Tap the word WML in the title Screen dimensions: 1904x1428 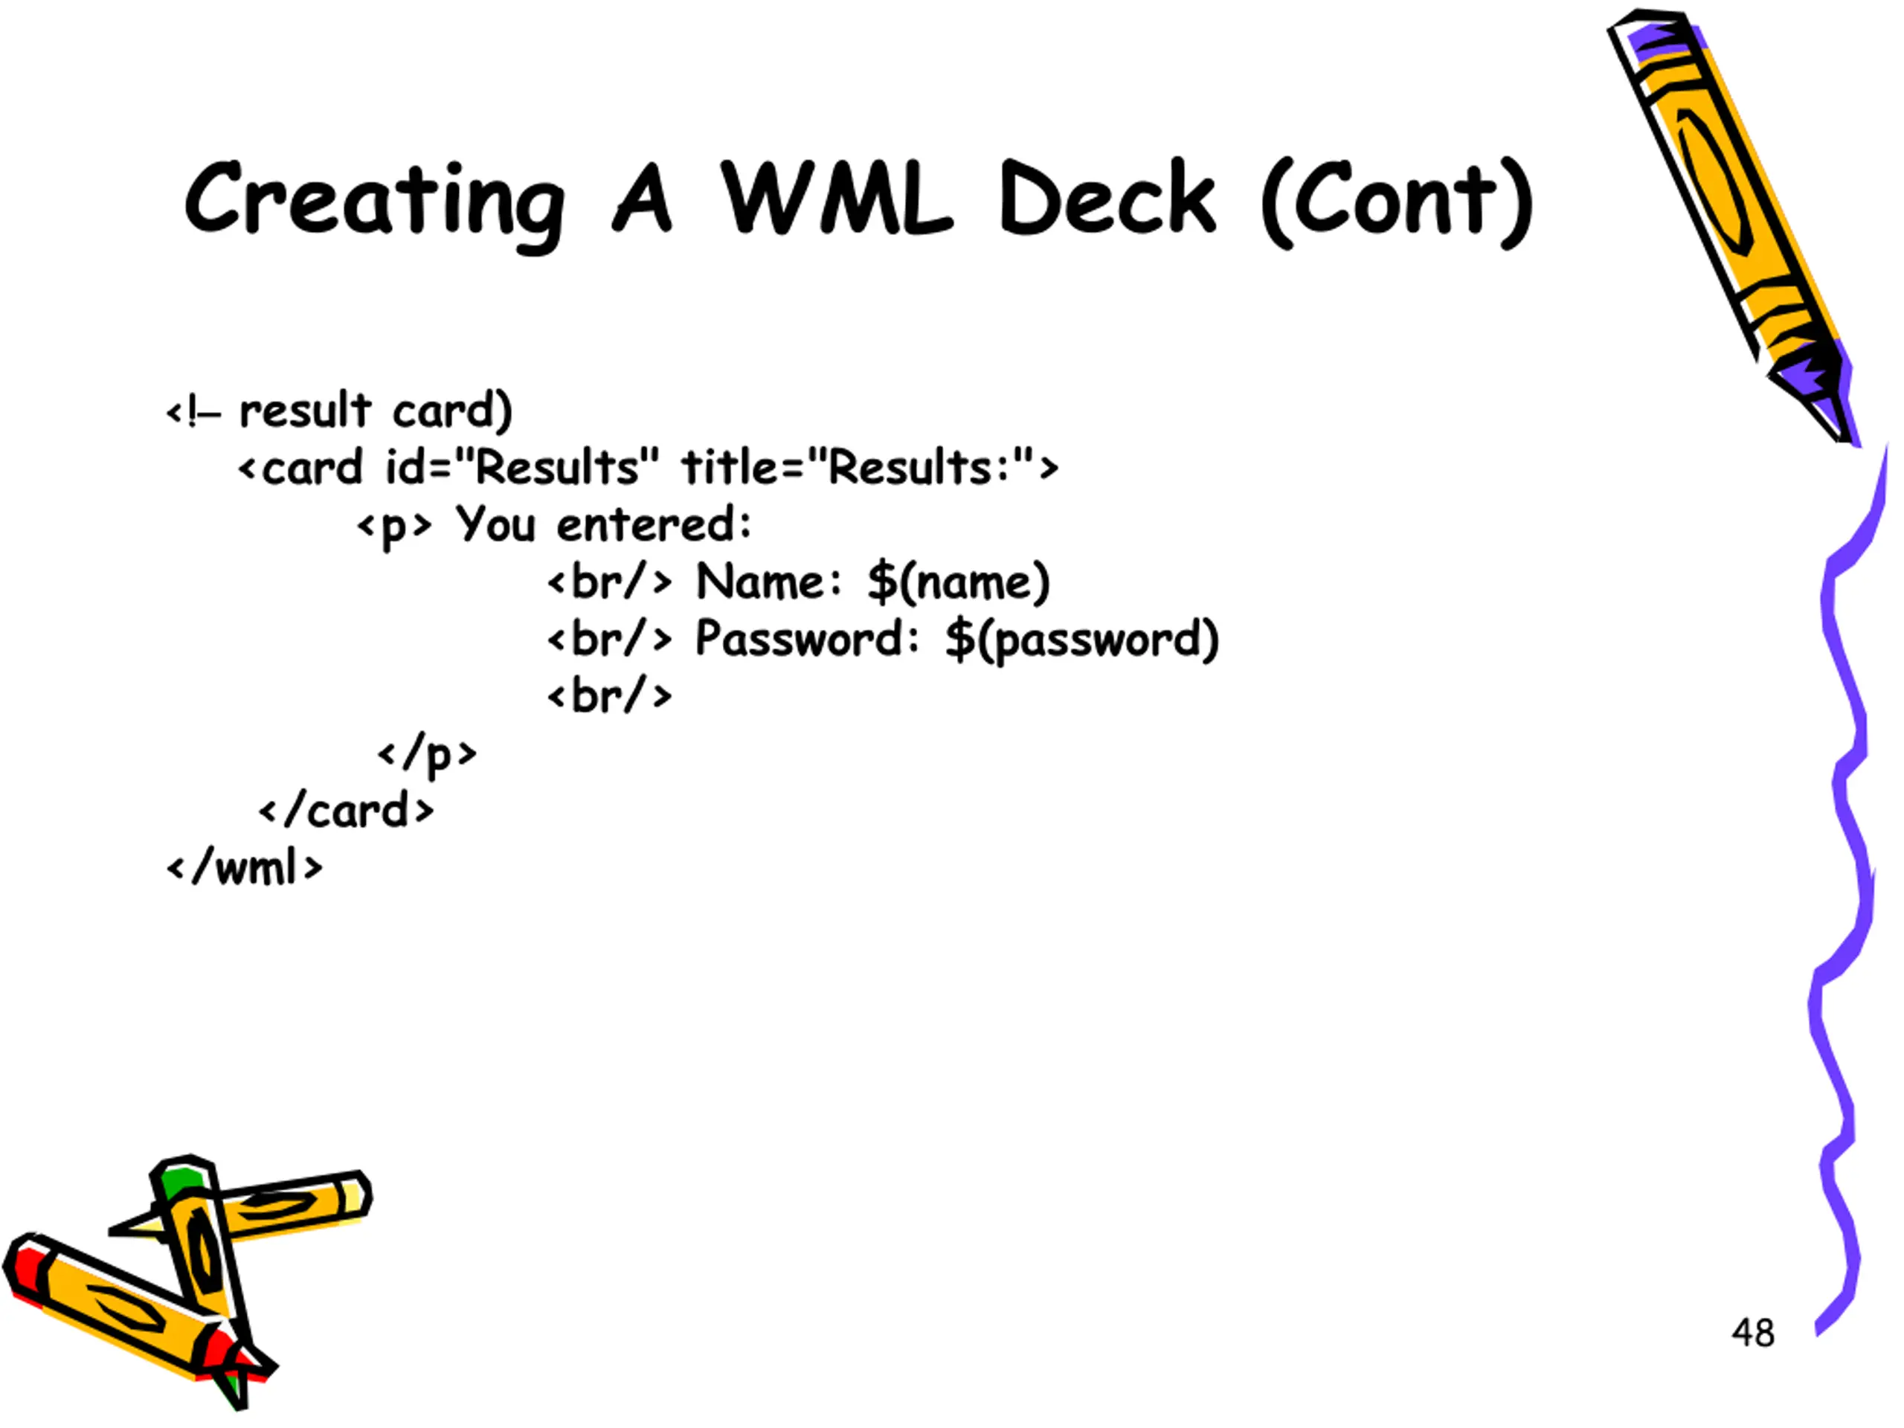(837, 197)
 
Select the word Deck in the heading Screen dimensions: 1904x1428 (1107, 197)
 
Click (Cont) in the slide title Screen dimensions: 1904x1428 (1397, 203)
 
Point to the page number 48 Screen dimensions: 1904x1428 (1753, 1333)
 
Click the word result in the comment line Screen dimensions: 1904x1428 (305, 410)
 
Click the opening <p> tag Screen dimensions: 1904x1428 (394, 526)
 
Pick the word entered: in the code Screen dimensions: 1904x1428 (654, 524)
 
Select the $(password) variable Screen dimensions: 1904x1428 (1082, 640)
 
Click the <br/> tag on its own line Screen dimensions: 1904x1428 (609, 695)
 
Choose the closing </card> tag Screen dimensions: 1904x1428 (346, 811)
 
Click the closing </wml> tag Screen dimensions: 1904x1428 (245, 868)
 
